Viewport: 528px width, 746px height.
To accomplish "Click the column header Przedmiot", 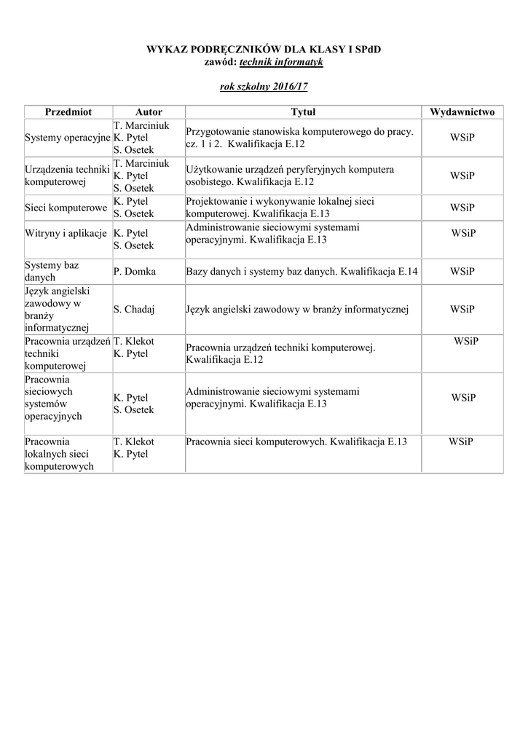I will [68, 112].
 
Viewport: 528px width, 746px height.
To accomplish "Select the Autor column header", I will [149, 112].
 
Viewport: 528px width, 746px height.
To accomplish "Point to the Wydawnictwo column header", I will [462, 112].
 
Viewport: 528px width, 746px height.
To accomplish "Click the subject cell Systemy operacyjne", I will [68, 138].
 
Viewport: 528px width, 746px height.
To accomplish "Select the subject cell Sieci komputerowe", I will [66, 208].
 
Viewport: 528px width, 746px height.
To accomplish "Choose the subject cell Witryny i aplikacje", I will [67, 233].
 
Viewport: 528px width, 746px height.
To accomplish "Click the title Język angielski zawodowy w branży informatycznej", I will [297, 309].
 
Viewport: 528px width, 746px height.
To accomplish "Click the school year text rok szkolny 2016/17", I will [264, 87].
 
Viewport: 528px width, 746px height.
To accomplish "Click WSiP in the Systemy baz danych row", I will [462, 272].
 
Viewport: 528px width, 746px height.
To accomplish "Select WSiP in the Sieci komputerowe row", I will [462, 208].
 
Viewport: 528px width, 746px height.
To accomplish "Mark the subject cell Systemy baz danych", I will [52, 271].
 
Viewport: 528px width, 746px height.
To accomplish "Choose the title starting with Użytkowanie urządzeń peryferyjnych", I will [290, 176].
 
